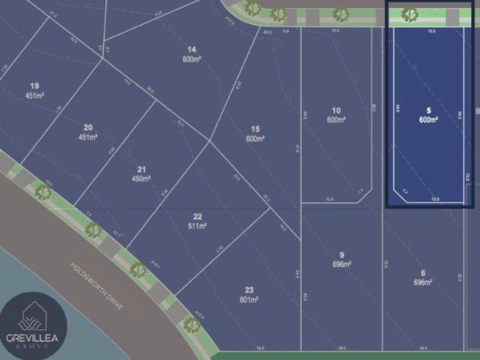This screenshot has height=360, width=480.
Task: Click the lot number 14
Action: coord(192,49)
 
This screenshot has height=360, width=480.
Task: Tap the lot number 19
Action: coord(34,86)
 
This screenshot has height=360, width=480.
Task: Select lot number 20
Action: coord(88,127)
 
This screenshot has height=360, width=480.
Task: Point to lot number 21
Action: coord(141,169)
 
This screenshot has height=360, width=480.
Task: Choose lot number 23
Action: coord(249,289)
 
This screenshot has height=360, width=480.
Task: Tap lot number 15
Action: coord(256,129)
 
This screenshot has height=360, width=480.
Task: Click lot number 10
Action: coord(336,110)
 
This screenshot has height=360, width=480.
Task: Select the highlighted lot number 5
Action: coord(428,109)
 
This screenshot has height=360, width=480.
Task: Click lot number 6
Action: coord(423,272)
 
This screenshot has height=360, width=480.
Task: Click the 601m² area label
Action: coord(249,299)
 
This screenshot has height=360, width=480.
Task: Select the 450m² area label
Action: coord(141,178)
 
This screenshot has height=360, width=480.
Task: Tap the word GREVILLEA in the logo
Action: coord(34,338)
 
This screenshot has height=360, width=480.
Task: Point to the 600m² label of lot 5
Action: coord(428,120)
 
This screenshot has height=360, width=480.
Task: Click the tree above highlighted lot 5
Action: coord(409,13)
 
